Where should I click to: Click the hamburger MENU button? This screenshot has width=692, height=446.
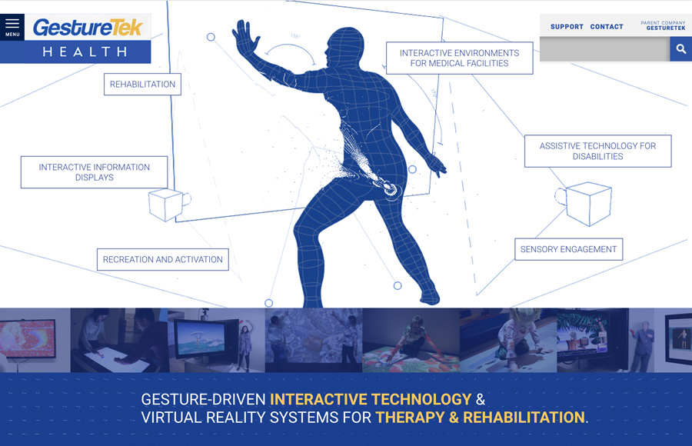point(12,27)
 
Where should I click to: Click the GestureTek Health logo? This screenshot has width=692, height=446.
point(88,39)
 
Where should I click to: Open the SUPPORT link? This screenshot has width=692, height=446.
point(567,26)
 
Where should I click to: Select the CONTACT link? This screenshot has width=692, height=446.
point(607,26)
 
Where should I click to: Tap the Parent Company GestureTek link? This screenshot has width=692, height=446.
point(663,25)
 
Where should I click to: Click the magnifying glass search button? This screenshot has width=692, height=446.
point(681,49)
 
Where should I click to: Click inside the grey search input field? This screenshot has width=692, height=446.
point(604,49)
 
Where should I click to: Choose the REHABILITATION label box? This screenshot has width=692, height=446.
point(142,85)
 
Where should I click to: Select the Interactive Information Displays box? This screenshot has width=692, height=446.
point(94,172)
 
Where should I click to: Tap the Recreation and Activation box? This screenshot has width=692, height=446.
point(163,260)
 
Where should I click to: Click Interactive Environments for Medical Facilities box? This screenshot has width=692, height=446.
point(460,58)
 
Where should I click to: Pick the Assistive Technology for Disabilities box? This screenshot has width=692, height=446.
point(598,151)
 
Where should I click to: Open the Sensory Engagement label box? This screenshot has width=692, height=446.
point(568,249)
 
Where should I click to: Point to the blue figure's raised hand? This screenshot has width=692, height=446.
point(246,38)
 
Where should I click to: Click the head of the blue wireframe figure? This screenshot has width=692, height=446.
point(345,46)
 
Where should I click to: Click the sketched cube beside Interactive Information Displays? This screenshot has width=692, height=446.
point(168,204)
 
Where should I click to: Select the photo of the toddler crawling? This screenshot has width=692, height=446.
point(508,340)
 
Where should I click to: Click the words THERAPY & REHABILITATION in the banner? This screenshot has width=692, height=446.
point(480,418)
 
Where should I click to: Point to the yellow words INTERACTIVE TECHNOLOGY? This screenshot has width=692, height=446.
point(371,399)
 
